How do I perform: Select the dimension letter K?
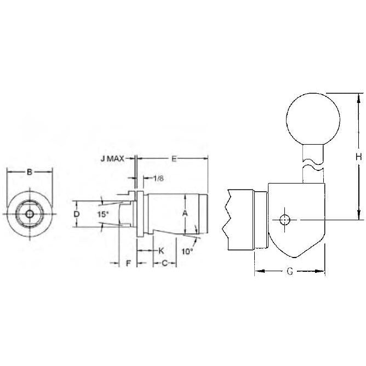pyautogui.click(x=161, y=250)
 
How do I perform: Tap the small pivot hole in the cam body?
pyautogui.click(x=284, y=219)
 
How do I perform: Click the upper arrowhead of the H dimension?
pyautogui.click(x=358, y=98)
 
